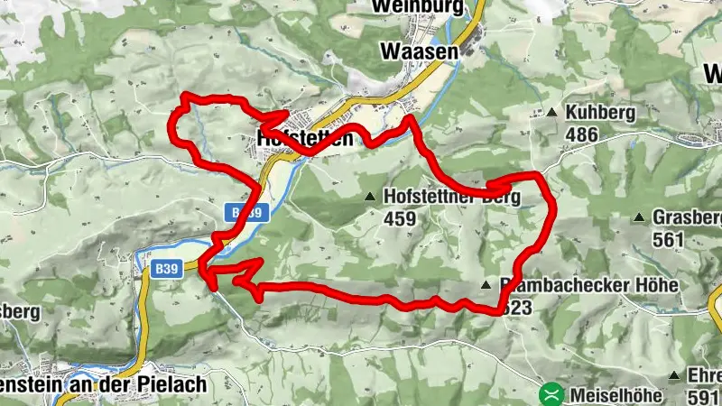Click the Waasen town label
coord(420,51)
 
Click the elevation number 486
coord(583,134)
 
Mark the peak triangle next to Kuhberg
coord(552,113)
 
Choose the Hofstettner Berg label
coord(451,196)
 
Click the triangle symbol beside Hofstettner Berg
coord(368,196)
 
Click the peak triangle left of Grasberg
coord(639,217)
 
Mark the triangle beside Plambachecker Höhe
coord(486,284)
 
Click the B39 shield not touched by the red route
coord(164,269)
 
